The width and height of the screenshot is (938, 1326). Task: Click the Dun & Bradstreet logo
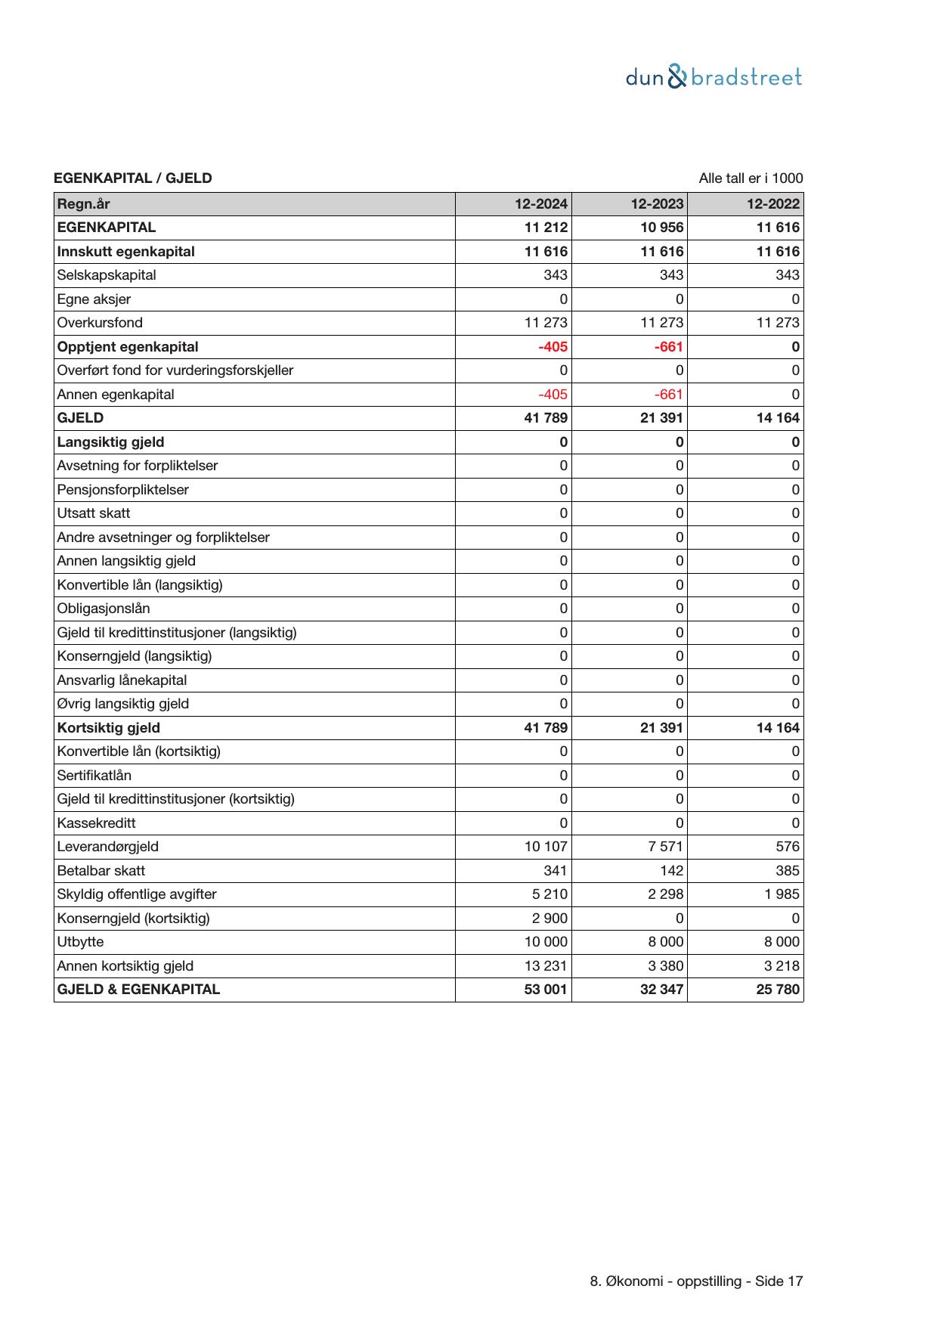[x=714, y=77]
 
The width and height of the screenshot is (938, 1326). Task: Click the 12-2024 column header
[x=541, y=204]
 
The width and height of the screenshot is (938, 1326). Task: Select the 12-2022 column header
[x=773, y=204]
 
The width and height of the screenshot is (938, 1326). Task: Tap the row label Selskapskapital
[x=107, y=275]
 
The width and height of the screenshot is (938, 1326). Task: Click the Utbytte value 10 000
[x=546, y=942]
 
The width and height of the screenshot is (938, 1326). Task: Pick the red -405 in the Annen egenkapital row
[x=553, y=395]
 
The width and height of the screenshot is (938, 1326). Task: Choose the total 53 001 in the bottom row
[x=546, y=990]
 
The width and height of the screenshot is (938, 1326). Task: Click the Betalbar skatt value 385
[x=787, y=871]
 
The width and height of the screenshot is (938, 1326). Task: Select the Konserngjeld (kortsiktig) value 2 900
[x=549, y=919]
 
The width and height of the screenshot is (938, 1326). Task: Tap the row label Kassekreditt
[x=96, y=823]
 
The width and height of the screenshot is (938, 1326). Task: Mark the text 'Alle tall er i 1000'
[x=751, y=178]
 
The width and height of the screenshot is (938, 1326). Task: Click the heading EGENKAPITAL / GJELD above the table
[x=133, y=178]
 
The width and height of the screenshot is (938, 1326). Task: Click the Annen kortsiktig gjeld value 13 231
[x=546, y=966]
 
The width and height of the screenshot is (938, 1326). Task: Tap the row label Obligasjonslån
[x=104, y=609]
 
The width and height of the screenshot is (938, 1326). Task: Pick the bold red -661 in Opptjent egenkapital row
[x=669, y=347]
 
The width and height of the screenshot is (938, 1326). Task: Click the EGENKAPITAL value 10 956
[x=661, y=228]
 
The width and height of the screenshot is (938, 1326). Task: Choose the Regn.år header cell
[x=83, y=204]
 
